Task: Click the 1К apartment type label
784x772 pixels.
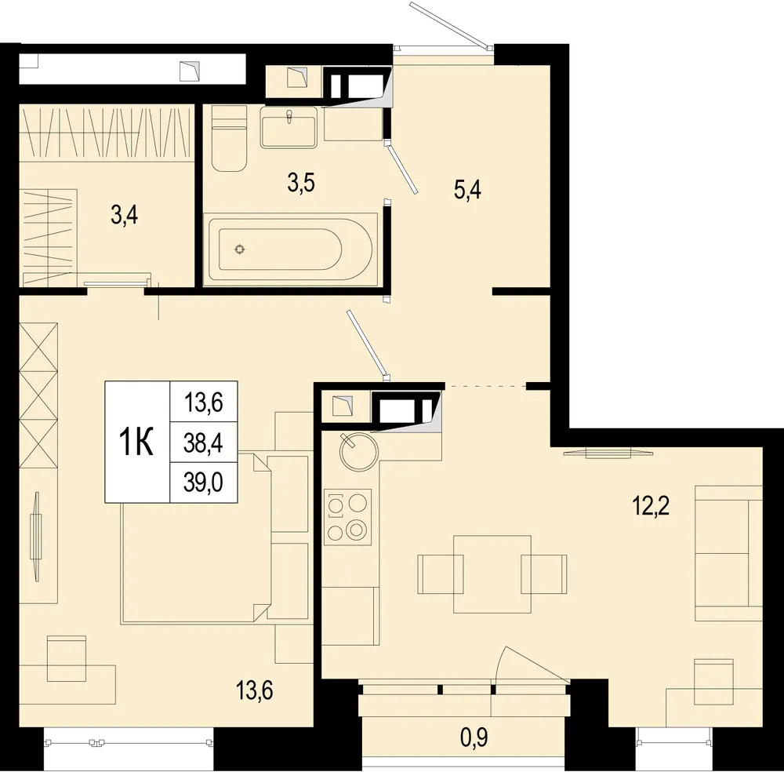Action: pyautogui.click(x=136, y=442)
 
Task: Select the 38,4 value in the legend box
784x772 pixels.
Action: pyautogui.click(x=203, y=443)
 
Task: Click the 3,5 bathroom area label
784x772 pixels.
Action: pyautogui.click(x=302, y=184)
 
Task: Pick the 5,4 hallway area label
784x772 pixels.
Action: pyautogui.click(x=467, y=190)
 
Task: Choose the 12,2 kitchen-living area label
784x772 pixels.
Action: pyautogui.click(x=652, y=504)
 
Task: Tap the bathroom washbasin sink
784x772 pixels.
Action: pyautogui.click(x=289, y=128)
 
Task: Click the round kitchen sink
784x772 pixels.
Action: pyautogui.click(x=358, y=452)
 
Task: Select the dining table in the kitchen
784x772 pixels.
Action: pyautogui.click(x=492, y=574)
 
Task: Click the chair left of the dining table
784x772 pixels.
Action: pyautogui.click(x=441, y=574)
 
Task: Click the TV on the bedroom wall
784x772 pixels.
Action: pyautogui.click(x=35, y=535)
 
